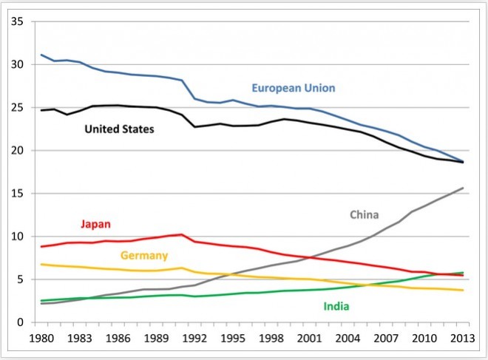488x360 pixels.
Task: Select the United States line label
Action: click(x=119, y=129)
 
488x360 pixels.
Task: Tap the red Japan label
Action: click(x=97, y=223)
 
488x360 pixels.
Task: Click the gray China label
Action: click(x=365, y=214)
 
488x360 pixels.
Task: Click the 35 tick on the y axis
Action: click(x=18, y=22)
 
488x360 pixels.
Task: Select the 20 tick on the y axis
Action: click(x=18, y=151)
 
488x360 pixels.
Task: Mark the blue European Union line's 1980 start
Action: click(x=41, y=55)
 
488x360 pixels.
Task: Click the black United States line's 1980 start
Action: click(x=41, y=110)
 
